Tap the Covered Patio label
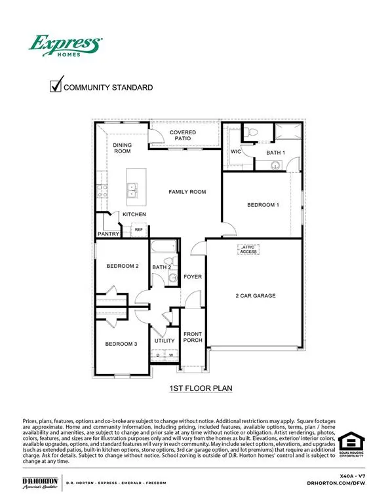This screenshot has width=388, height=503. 183,136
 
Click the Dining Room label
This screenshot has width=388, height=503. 123,148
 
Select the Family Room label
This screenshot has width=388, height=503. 187,192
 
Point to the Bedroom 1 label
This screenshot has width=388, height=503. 263,205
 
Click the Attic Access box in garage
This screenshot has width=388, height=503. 248,250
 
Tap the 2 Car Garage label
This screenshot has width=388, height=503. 256,296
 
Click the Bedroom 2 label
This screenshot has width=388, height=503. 123,266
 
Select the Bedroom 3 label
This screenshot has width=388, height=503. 121,343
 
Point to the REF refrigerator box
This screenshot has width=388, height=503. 138,230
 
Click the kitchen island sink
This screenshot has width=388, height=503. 133,191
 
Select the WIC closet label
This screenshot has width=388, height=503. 236,151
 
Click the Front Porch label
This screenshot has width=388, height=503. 192,338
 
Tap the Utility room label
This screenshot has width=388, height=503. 165,341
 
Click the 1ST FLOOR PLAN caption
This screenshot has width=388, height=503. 201,388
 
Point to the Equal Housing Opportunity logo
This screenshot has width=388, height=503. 353,445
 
